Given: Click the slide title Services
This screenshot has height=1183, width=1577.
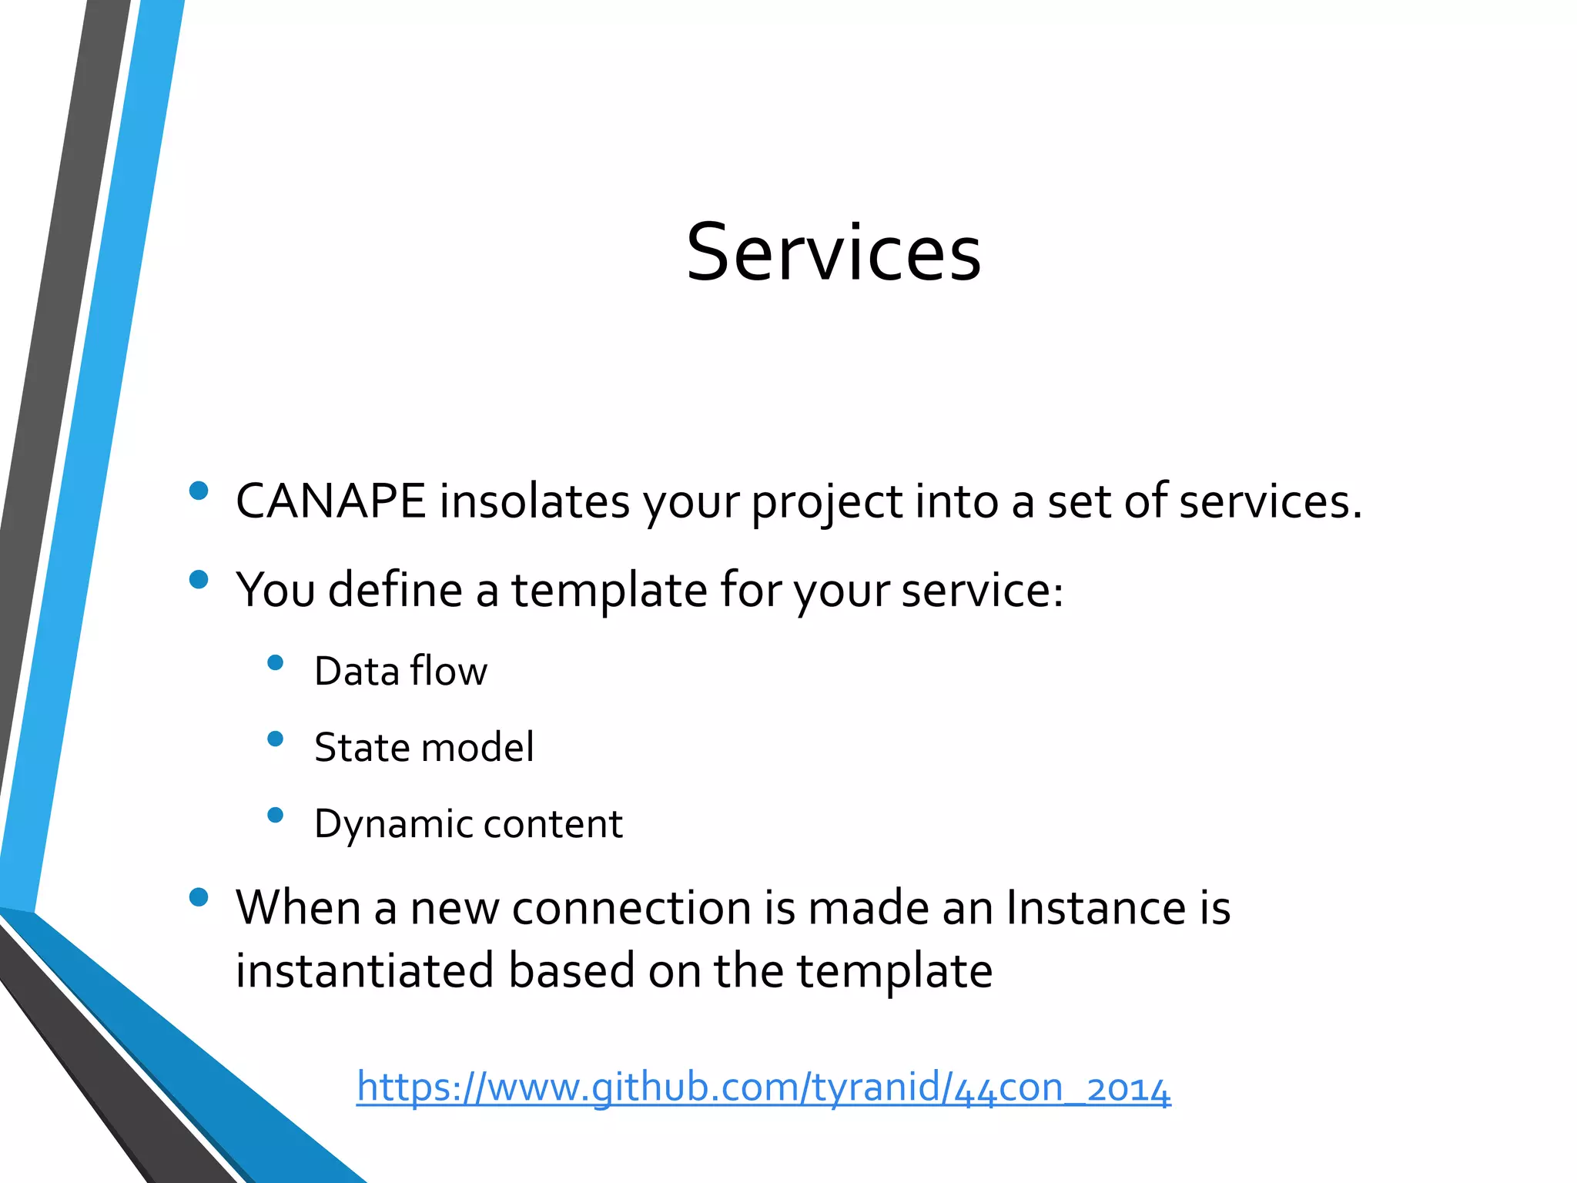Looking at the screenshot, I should [x=833, y=253].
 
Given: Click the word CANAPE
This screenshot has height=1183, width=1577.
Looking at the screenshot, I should [x=330, y=501].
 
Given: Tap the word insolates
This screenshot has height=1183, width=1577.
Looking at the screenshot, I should [x=534, y=501].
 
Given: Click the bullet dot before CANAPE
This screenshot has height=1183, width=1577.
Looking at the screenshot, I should [x=199, y=491].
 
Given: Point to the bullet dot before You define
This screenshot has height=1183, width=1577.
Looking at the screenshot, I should [x=199, y=579].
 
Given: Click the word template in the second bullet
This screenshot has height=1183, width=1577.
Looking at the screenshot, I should [x=609, y=591].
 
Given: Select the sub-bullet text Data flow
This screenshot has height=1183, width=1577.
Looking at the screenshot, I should [x=400, y=671].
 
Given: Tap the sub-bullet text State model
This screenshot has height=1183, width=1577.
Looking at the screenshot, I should [x=424, y=747].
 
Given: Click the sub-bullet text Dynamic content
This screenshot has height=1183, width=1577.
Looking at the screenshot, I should [x=468, y=824].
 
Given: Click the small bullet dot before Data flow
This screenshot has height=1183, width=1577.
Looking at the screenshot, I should [x=275, y=662].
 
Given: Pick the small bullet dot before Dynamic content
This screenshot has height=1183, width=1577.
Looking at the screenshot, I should [x=275, y=815].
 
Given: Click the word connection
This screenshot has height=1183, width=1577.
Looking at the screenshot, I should [x=631, y=907].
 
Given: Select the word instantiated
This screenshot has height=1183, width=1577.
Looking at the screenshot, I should [x=364, y=970].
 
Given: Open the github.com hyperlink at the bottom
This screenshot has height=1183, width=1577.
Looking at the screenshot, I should [x=763, y=1087].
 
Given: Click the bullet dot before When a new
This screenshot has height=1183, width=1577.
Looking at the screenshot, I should [x=199, y=897].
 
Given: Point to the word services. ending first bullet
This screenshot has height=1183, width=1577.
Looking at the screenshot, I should [x=1271, y=501].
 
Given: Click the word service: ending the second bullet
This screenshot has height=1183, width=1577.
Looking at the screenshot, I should [x=983, y=591].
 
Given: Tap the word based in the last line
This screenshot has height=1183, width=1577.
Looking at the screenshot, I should [x=571, y=970].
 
